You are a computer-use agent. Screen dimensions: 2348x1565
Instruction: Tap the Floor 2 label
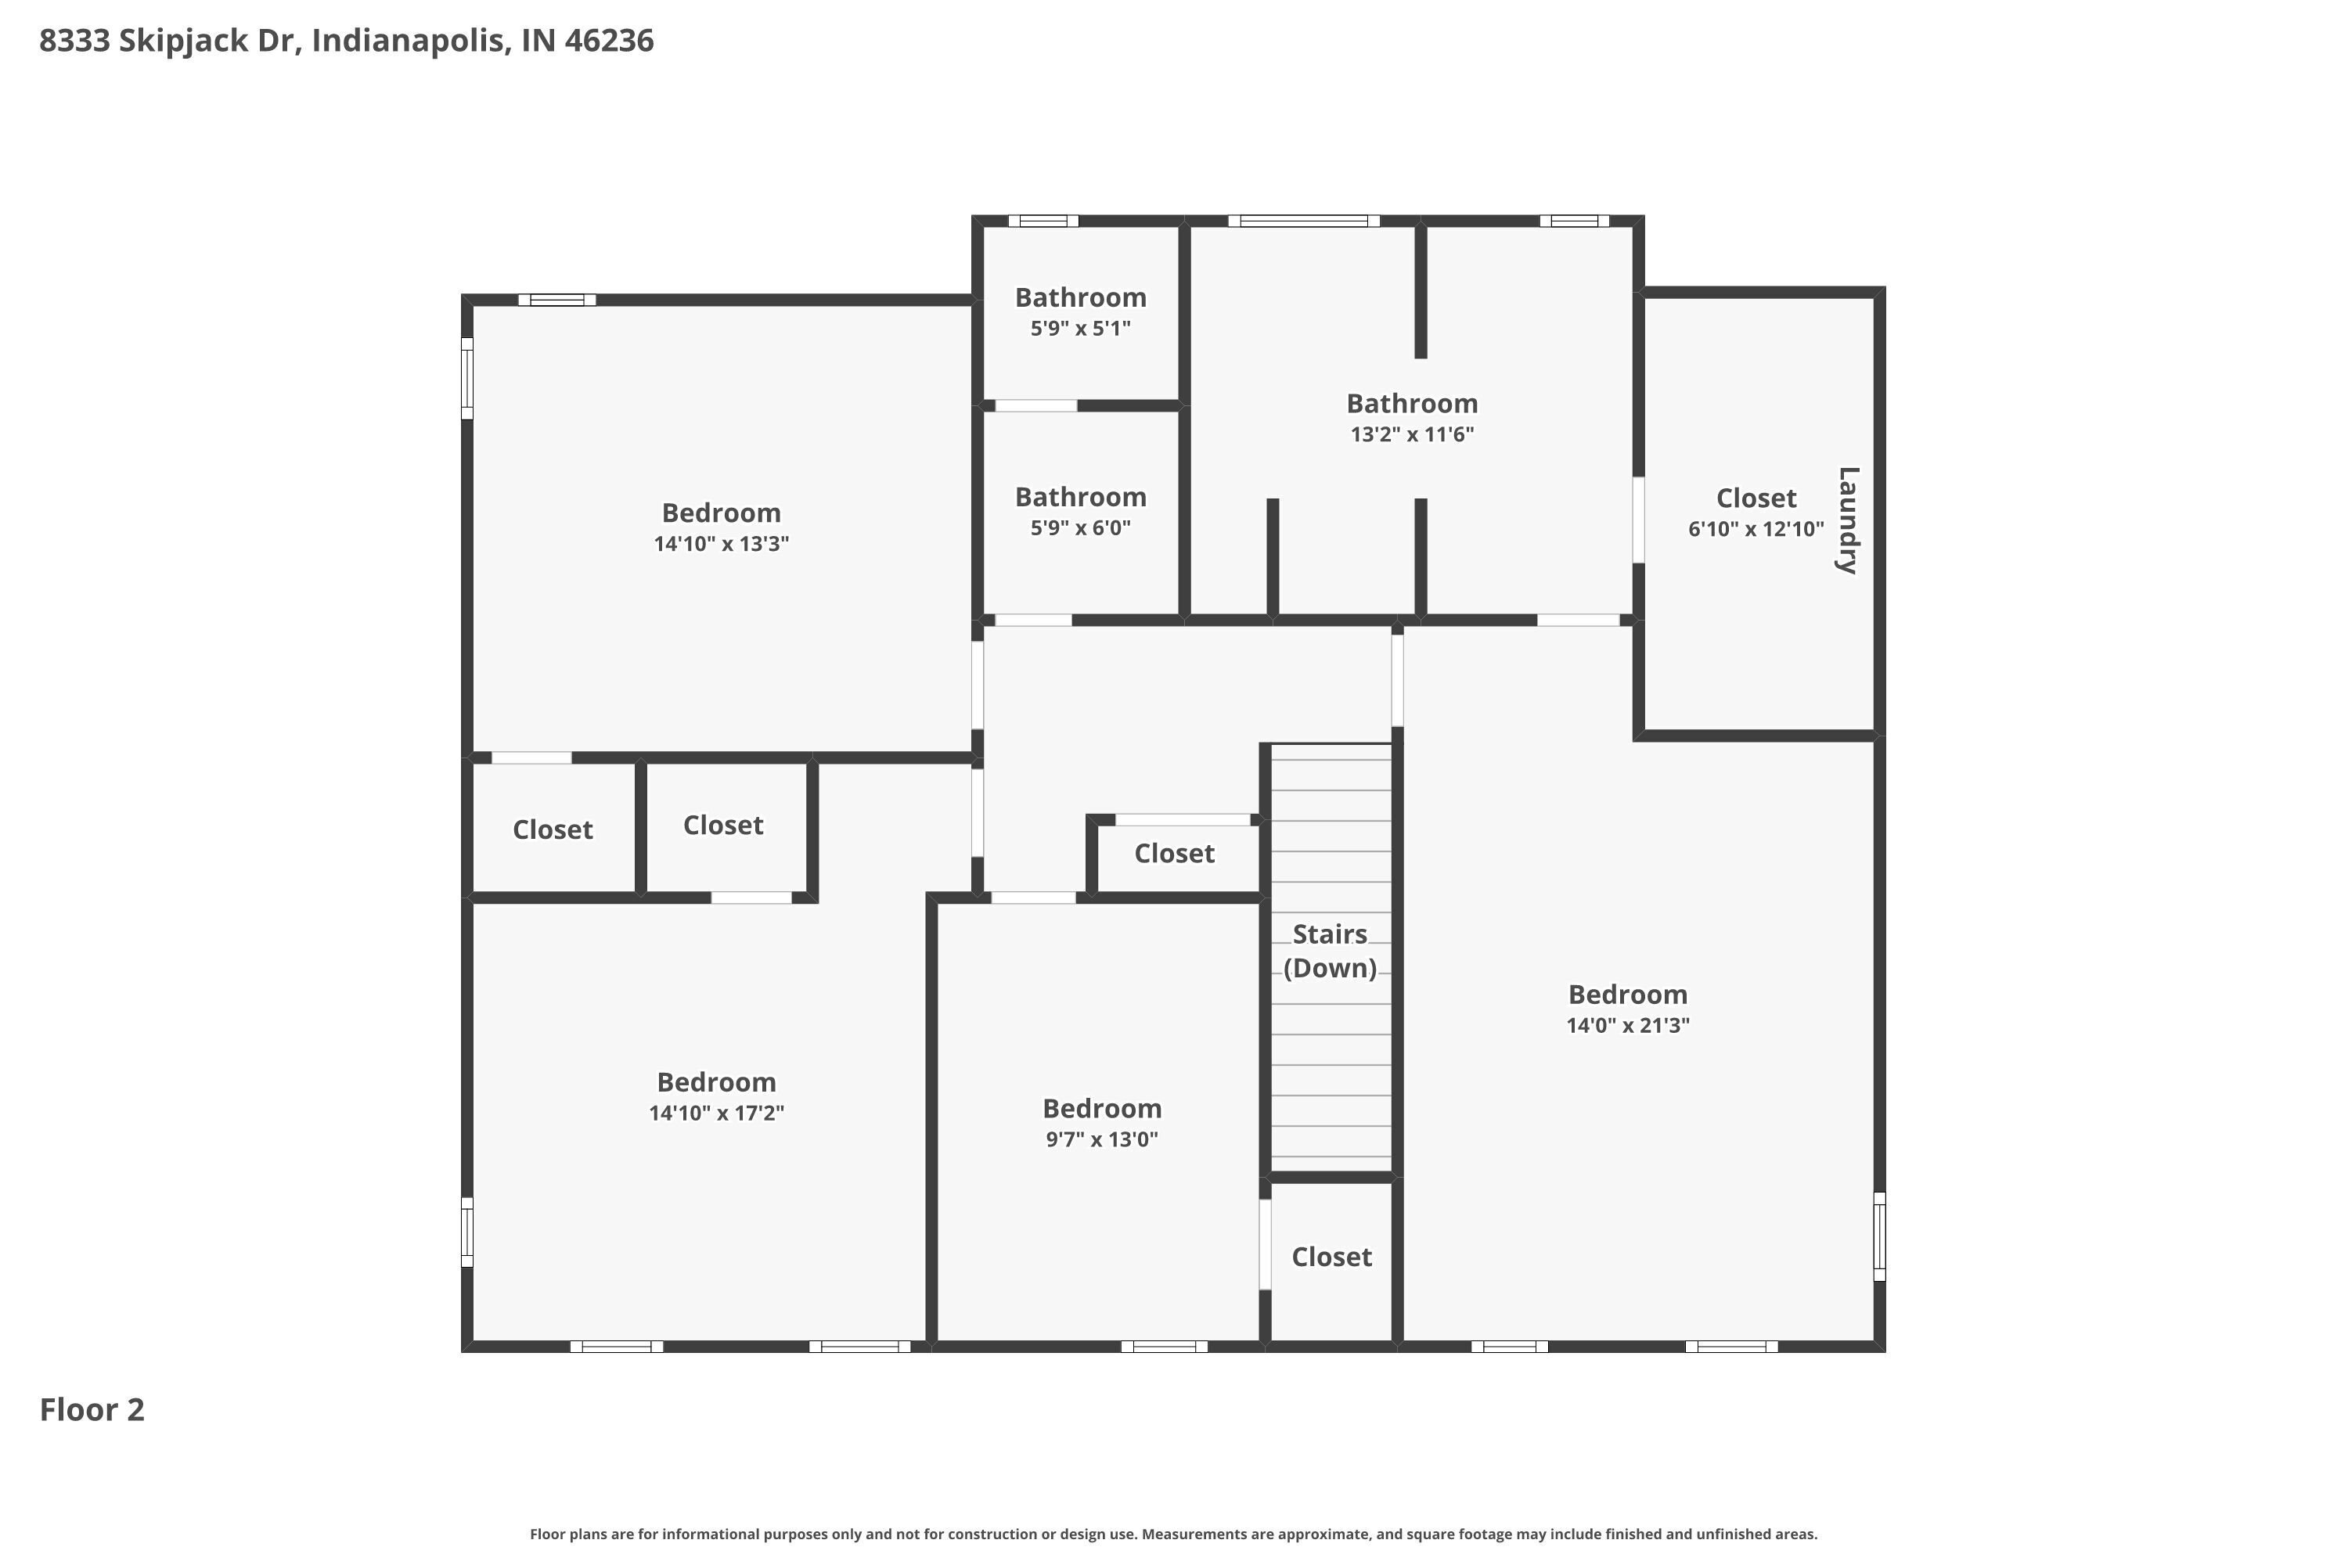[x=92, y=1409]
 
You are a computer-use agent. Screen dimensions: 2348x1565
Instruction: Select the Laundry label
[x=1848, y=520]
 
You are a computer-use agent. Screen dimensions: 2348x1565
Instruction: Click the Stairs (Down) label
[x=1330, y=952]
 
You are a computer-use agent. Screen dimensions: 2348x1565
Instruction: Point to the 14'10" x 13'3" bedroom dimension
[x=721, y=544]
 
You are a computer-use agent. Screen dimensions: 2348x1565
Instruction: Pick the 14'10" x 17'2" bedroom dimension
[x=717, y=1113]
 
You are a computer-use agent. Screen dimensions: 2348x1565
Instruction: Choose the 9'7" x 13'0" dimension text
[x=1102, y=1140]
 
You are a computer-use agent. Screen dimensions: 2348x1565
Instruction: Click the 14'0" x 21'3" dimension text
[x=1628, y=1025]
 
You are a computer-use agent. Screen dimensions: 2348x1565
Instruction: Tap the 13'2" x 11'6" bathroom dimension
[x=1413, y=434]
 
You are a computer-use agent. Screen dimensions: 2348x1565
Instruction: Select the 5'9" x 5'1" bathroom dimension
[x=1081, y=329]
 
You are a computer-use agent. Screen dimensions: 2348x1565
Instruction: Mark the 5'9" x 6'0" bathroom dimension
[x=1081, y=528]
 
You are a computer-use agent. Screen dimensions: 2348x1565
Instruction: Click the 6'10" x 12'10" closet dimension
[x=1756, y=529]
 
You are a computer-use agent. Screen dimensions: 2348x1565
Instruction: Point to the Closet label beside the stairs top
[x=1174, y=854]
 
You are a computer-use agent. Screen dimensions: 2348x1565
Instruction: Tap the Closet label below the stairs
[x=1332, y=1257]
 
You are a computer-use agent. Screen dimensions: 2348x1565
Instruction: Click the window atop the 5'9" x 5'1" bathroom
[x=1043, y=221]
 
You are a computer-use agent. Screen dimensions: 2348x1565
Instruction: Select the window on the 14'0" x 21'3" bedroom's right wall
[x=1880, y=1236]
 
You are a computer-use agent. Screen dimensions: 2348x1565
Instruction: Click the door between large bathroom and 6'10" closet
[x=1638, y=520]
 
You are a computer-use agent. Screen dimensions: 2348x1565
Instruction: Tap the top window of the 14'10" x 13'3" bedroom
[x=557, y=300]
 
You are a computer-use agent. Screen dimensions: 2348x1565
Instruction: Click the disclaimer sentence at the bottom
[x=1174, y=1534]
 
